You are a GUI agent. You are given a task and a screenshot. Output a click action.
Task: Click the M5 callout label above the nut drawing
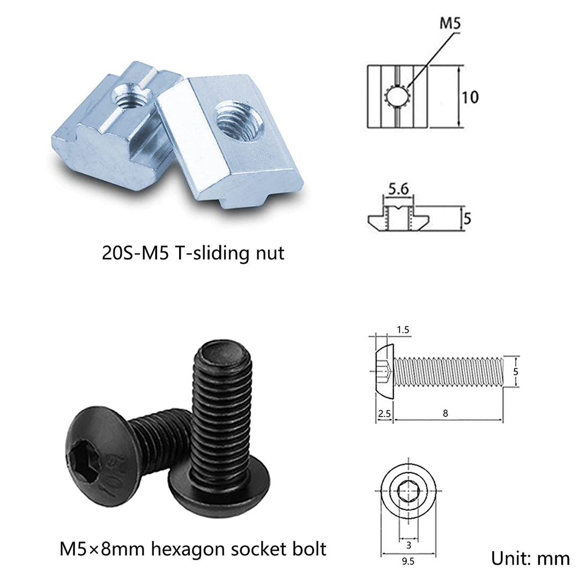[x=450, y=23]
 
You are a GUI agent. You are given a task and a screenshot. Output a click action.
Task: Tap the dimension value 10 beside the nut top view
[x=470, y=97]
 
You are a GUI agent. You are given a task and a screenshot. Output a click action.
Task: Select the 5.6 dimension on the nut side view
[x=398, y=189]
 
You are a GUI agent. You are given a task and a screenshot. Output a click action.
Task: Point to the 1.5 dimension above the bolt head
[x=403, y=329]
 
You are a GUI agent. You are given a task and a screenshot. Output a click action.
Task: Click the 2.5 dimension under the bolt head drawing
[x=384, y=413]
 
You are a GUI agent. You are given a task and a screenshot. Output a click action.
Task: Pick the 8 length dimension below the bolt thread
[x=446, y=413]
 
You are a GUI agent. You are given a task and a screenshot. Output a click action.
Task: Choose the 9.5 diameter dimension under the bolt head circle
[x=408, y=561]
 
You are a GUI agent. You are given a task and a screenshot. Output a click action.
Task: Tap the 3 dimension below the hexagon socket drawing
[x=409, y=545]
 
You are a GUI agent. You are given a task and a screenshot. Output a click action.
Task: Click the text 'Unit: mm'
[x=530, y=558]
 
